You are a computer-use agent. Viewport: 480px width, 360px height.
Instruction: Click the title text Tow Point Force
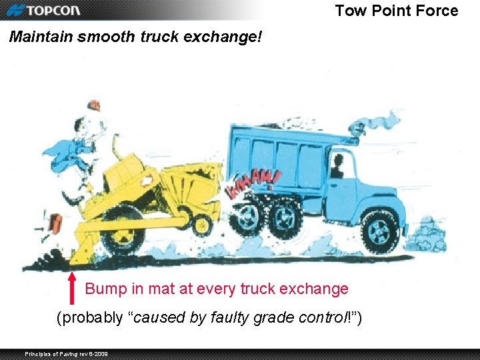click(x=396, y=11)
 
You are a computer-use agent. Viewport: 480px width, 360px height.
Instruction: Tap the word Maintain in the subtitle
click(x=41, y=37)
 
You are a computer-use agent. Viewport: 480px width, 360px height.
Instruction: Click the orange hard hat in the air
click(x=95, y=105)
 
